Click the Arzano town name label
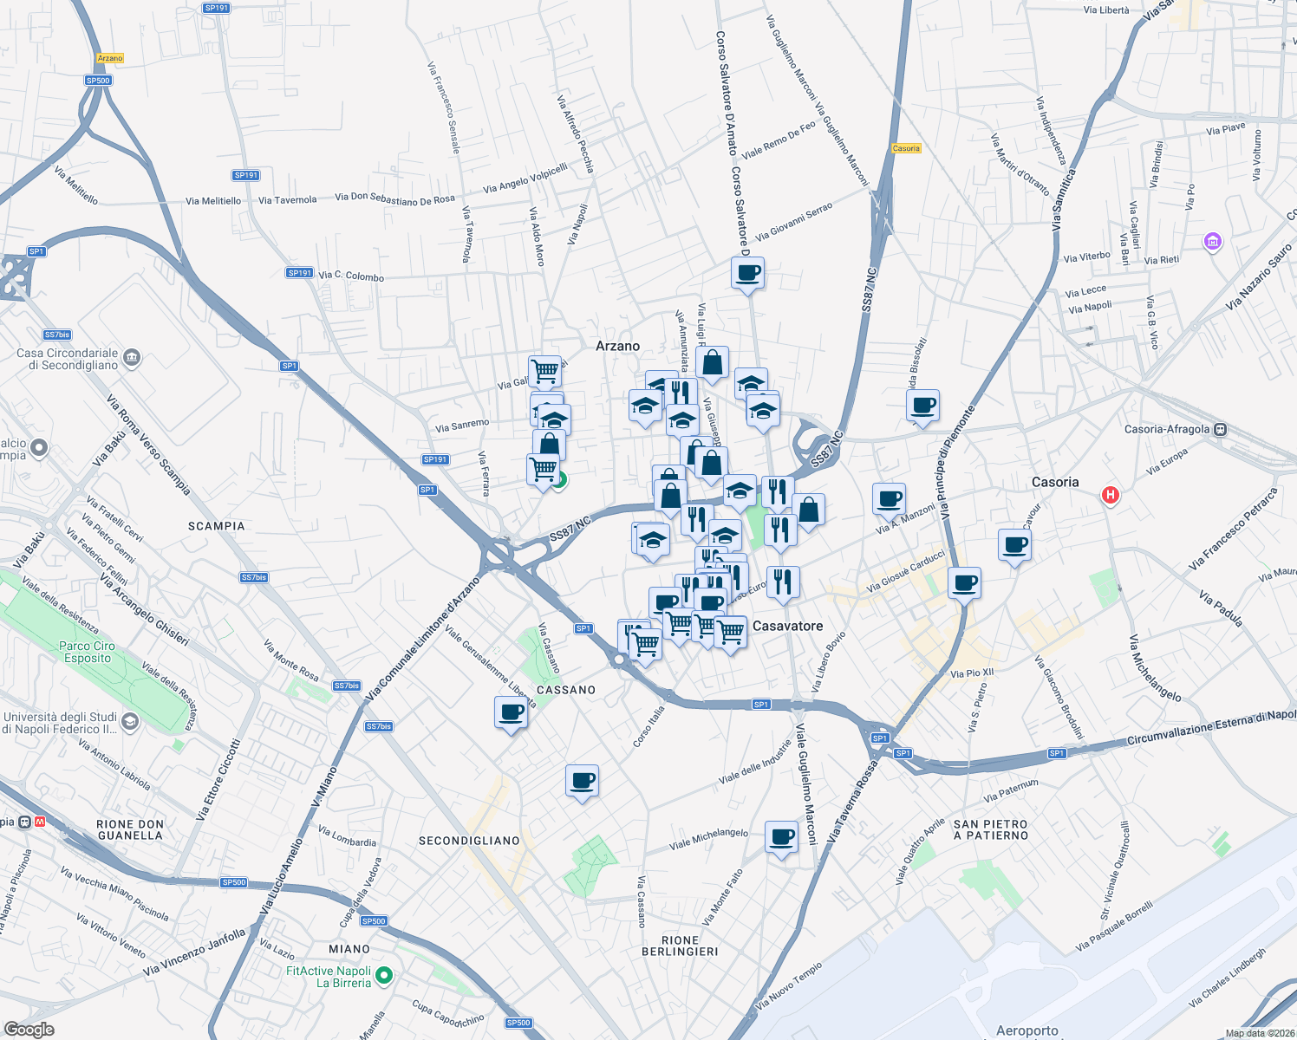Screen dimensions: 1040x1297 pos(617,346)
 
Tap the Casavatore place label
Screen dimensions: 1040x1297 pos(787,626)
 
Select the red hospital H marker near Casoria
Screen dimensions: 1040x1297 pos(1110,496)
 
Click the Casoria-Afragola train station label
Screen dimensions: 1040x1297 pos(1167,429)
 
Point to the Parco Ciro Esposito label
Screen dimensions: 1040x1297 pos(87,652)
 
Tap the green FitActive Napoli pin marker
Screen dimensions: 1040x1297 pos(384,977)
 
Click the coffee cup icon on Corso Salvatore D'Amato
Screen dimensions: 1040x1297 pos(747,274)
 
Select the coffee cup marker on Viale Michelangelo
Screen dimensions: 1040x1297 pos(782,838)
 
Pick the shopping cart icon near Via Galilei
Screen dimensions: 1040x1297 pos(545,372)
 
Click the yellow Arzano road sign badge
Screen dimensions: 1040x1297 pos(110,58)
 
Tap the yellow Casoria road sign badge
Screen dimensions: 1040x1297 pos(906,148)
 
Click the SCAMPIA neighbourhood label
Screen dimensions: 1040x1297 pos(216,526)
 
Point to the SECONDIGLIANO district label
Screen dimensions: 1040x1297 pos(469,841)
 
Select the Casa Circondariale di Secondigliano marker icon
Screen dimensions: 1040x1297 pos(132,356)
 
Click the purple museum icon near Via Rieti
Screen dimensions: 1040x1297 pos(1213,241)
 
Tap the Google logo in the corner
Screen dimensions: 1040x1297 pos(29,1030)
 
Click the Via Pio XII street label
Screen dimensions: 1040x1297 pos(972,673)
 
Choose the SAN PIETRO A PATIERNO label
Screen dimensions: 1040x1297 pos(990,830)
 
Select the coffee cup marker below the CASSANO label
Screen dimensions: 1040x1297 pos(511,713)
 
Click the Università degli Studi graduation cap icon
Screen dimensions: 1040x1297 pos(129,721)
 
